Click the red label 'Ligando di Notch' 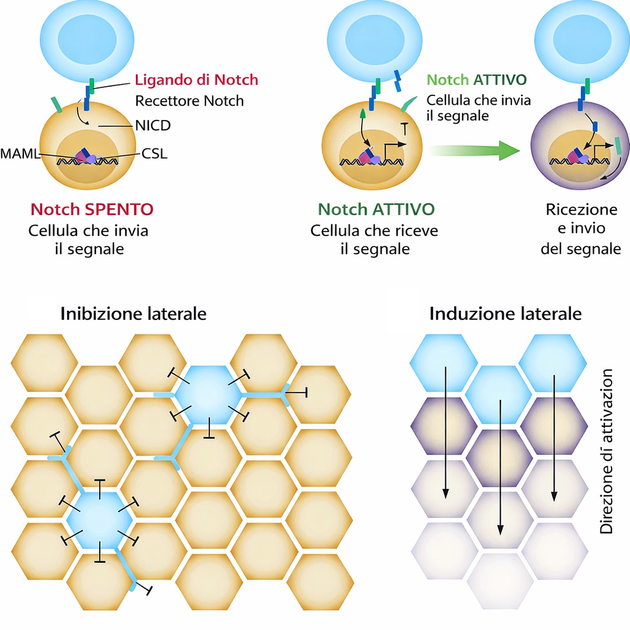click(196, 80)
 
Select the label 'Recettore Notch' click(189, 101)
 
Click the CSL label click(154, 153)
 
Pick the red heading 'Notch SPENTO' click(92, 210)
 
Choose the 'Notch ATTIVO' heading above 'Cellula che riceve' click(376, 210)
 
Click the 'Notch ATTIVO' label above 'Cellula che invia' click(476, 80)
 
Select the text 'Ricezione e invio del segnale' click(581, 229)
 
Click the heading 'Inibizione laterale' click(133, 314)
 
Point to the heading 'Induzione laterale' click(505, 314)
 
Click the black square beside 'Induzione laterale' click(402, 310)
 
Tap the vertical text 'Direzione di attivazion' click(607, 451)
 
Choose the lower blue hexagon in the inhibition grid click(99, 520)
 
